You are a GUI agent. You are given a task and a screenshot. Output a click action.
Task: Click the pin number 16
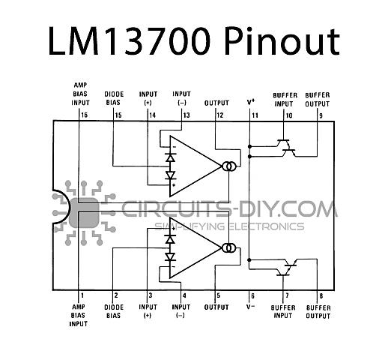click(x=85, y=115)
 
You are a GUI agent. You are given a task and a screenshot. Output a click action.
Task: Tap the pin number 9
click(x=321, y=115)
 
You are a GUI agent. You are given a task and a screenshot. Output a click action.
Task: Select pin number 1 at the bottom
click(x=82, y=295)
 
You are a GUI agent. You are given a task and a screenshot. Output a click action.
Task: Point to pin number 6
click(x=252, y=296)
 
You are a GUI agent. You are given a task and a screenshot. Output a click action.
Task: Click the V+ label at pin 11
click(x=251, y=102)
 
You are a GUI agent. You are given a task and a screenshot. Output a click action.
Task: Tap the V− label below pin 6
click(x=250, y=307)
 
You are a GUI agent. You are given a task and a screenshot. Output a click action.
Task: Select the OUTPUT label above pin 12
click(x=216, y=103)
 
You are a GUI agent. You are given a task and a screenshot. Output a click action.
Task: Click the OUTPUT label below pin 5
click(x=216, y=307)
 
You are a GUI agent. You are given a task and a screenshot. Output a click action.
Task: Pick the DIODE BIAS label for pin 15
click(x=114, y=98)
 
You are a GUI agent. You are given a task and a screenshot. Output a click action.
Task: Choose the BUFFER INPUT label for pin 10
click(x=285, y=100)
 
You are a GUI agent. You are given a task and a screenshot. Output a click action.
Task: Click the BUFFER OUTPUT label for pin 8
click(x=318, y=312)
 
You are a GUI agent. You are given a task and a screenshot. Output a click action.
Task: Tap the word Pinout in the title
click(x=282, y=41)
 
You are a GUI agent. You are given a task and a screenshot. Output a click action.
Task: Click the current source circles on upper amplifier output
click(x=229, y=166)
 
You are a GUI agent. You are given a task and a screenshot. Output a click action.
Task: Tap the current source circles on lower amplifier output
click(x=229, y=247)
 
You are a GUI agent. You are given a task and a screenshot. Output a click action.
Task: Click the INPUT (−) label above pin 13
click(x=181, y=98)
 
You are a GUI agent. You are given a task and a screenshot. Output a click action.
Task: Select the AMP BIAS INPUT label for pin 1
click(x=79, y=316)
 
